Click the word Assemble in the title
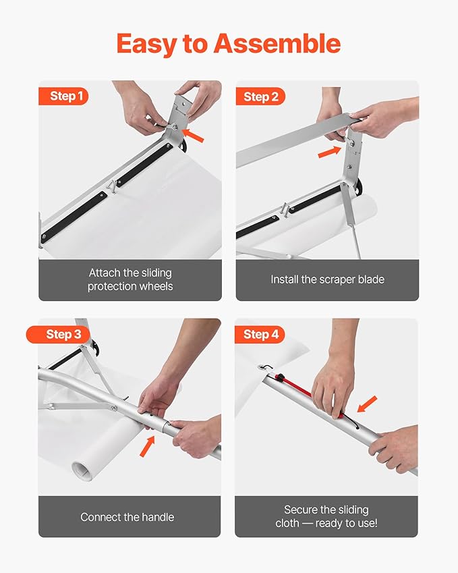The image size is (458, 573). [x=277, y=44]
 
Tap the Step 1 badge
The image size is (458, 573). [x=65, y=97]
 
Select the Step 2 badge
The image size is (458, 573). [x=260, y=97]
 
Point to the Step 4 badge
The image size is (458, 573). [x=260, y=334]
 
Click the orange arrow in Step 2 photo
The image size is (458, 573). [x=329, y=152]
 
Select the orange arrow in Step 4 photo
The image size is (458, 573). [x=366, y=405]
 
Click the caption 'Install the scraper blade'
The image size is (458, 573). [x=326, y=279]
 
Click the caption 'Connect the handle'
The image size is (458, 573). [x=127, y=517]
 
